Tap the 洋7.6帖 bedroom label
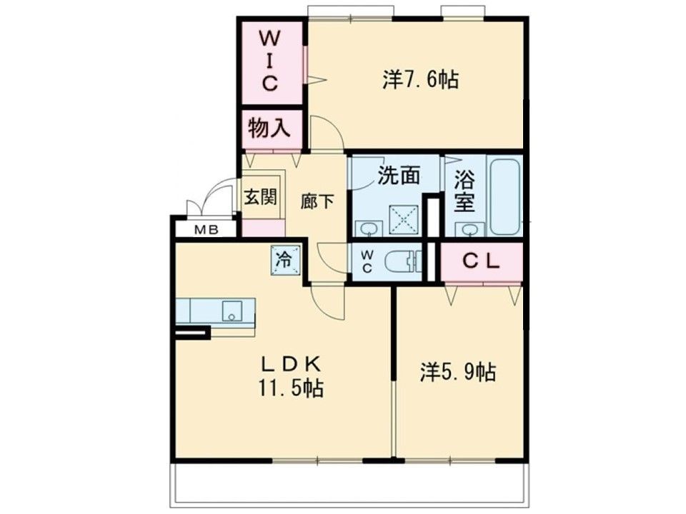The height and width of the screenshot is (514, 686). pos(420,81)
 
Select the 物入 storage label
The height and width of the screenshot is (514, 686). pos(269,128)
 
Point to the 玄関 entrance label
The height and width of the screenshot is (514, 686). pos(260,197)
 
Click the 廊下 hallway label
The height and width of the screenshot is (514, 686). pos(317,201)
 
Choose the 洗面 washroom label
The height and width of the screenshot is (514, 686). pos(399,176)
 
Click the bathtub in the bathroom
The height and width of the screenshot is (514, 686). pos(505,197)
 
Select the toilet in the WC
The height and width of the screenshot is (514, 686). pos(402,262)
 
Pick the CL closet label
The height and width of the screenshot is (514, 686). pos(481,261)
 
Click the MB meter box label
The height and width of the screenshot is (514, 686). pos(206,229)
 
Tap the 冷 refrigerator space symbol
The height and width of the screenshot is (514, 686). pos(285,261)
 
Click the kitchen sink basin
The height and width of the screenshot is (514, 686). pos(232,311)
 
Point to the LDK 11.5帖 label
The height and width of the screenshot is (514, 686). pos(291,377)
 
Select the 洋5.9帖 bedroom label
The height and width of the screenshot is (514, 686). pos(458,372)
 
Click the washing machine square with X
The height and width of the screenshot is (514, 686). pos(404,220)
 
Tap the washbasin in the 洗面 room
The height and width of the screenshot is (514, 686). pos(369,229)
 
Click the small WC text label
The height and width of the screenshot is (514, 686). pos(367,261)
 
